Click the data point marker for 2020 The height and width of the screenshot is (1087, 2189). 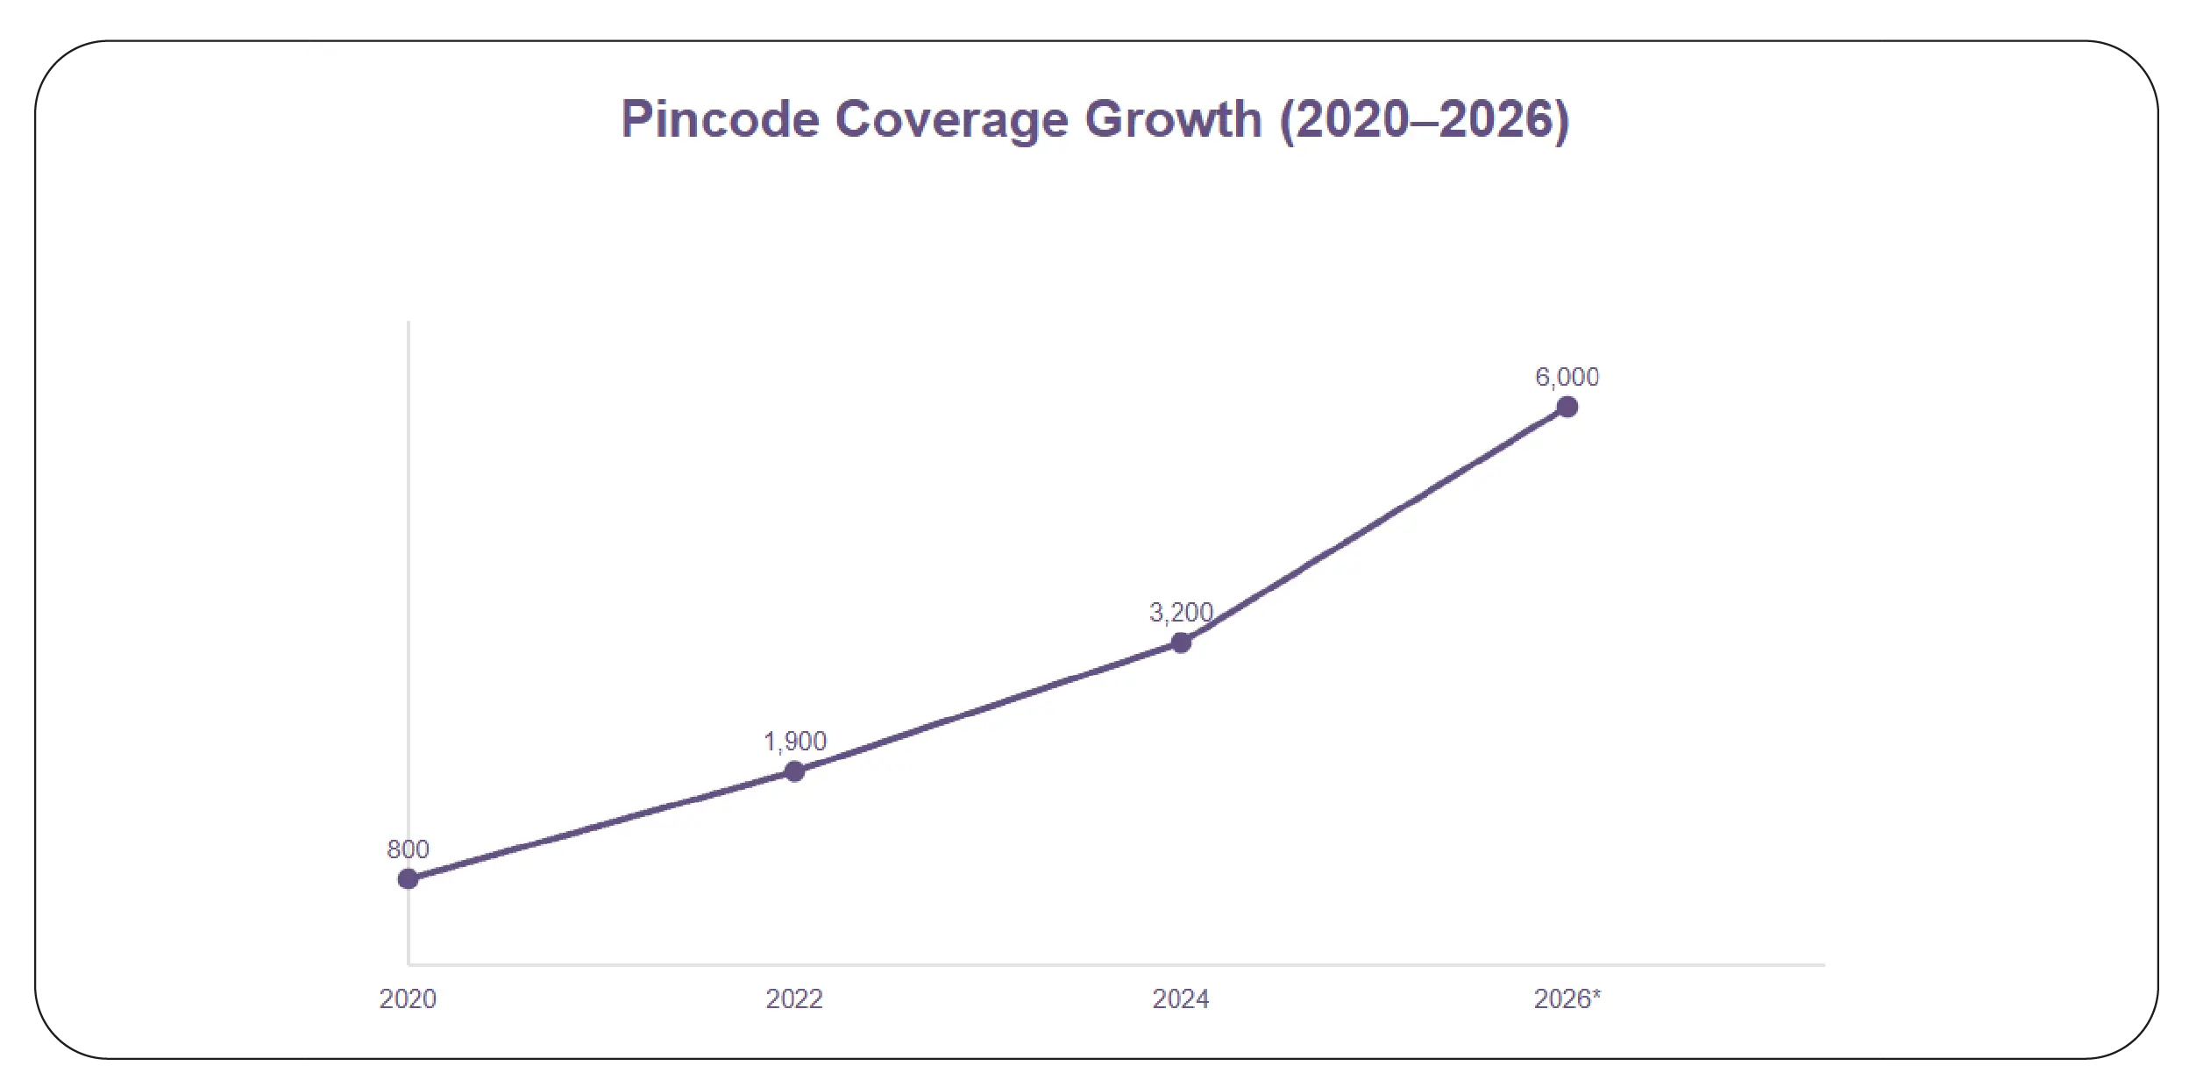tap(408, 878)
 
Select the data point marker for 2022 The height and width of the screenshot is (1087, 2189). tap(794, 771)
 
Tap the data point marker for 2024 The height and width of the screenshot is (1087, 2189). tap(1181, 643)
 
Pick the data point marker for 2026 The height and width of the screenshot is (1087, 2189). tap(1567, 407)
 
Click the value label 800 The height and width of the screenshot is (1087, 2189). tap(408, 849)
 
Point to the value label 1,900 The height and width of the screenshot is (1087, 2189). tap(794, 742)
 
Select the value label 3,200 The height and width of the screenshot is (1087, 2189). tap(1181, 612)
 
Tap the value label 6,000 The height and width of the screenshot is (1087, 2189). tap(1567, 377)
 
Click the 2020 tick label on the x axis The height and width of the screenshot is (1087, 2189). tap(408, 998)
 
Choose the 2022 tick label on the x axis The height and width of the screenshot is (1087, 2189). tap(794, 998)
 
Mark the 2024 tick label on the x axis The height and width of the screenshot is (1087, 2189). tap(1181, 998)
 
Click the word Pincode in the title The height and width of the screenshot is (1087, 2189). tap(720, 119)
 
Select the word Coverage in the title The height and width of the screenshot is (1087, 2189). tap(951, 119)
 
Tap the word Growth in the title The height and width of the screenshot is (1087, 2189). tap(1173, 119)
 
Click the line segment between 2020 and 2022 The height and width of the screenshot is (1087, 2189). tap(601, 825)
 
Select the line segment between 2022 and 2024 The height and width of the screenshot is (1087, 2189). tap(987, 707)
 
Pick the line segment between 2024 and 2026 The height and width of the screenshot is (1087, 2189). tap(1374, 525)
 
